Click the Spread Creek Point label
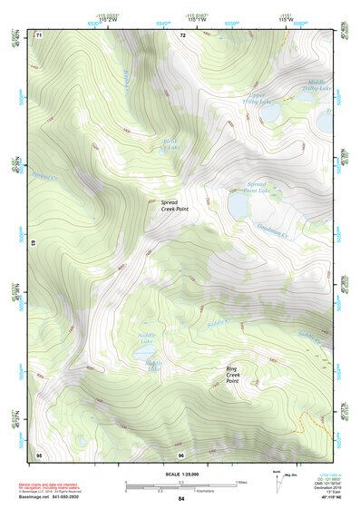coord(175,206)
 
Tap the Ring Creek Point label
coord(232,375)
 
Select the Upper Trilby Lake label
coord(258,98)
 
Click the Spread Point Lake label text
coord(258,187)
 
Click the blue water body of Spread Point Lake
coord(238,208)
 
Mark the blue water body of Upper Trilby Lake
coord(271,113)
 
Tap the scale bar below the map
coord(180,485)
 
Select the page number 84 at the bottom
coord(181,500)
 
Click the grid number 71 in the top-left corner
coord(38,34)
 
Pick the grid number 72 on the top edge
coord(182,34)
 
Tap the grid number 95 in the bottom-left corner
coord(38,455)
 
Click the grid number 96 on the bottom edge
coord(181,455)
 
